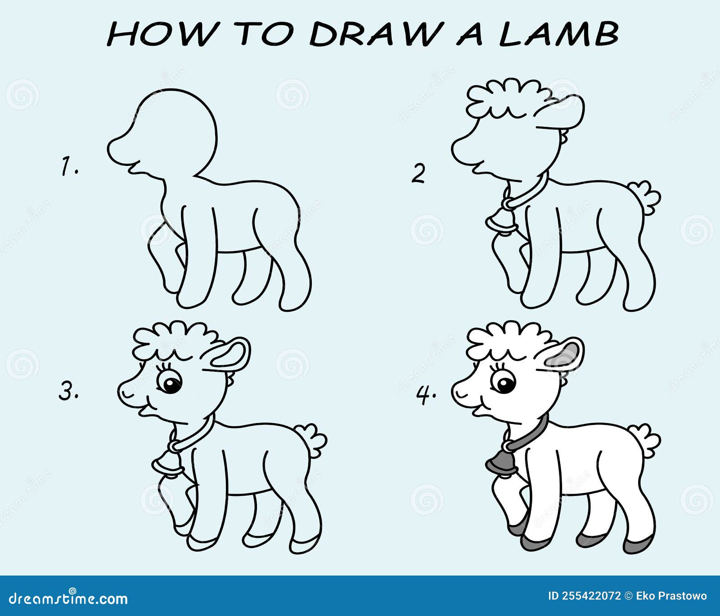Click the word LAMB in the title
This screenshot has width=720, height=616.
pyautogui.click(x=559, y=34)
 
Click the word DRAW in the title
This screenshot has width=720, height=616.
pyautogui.click(x=373, y=34)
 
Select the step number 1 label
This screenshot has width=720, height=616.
pyautogui.click(x=70, y=166)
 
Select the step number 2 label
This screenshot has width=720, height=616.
pyautogui.click(x=418, y=174)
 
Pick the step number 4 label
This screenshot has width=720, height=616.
pyautogui.click(x=426, y=394)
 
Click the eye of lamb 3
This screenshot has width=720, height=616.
pyautogui.click(x=171, y=384)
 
